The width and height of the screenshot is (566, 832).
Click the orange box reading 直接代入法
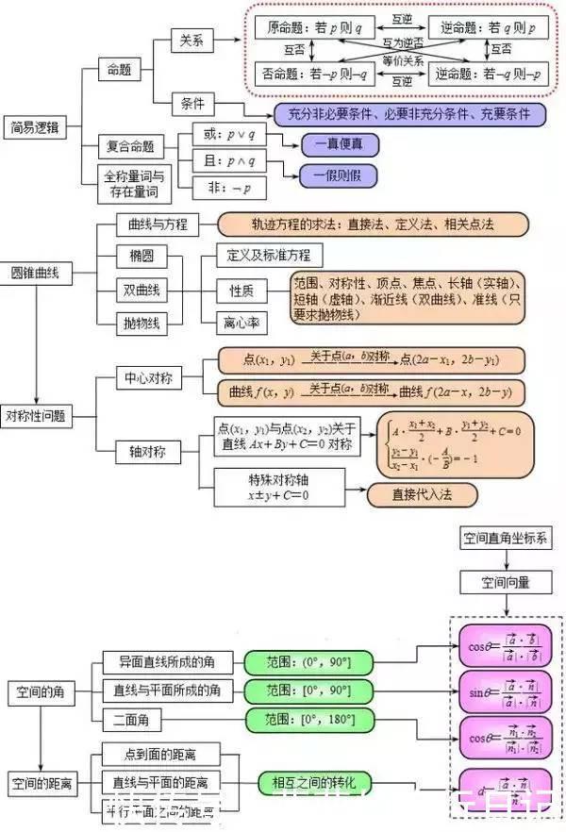click(422, 493)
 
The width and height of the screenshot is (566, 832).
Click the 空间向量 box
click(506, 582)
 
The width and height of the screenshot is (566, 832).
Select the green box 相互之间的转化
click(315, 782)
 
